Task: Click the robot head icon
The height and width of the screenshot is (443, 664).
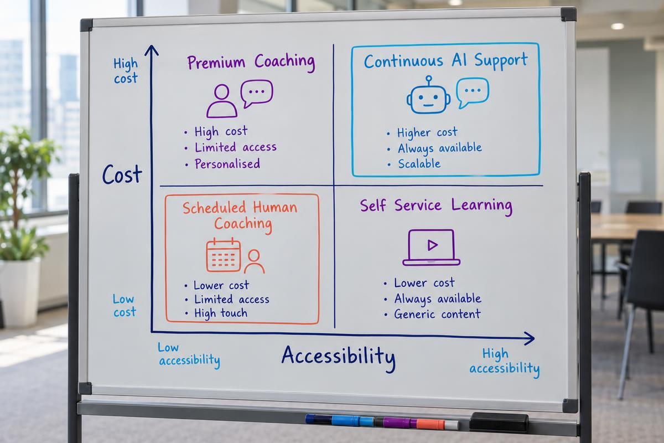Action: point(428,98)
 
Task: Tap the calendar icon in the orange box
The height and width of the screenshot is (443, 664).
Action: point(223,255)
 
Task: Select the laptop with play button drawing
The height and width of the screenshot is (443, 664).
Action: point(431,247)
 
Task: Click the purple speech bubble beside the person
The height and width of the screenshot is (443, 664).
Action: point(257,93)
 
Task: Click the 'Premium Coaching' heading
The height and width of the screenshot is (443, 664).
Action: point(251,62)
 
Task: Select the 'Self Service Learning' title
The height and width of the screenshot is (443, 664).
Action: point(436,205)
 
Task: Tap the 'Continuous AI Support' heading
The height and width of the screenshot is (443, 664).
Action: point(446,61)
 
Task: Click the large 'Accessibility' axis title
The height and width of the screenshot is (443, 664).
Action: point(339,357)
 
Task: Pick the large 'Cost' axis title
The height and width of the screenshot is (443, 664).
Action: point(122,174)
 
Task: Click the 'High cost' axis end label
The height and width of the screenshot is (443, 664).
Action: point(126,71)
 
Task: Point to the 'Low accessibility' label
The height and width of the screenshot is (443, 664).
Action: point(189,355)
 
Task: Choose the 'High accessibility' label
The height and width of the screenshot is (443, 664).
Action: point(505,363)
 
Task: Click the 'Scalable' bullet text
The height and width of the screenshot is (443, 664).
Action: point(419,164)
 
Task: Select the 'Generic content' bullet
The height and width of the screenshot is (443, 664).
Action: point(437,314)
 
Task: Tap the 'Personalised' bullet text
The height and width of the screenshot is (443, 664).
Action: point(227,164)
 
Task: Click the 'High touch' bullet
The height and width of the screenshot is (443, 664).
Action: point(221,313)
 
